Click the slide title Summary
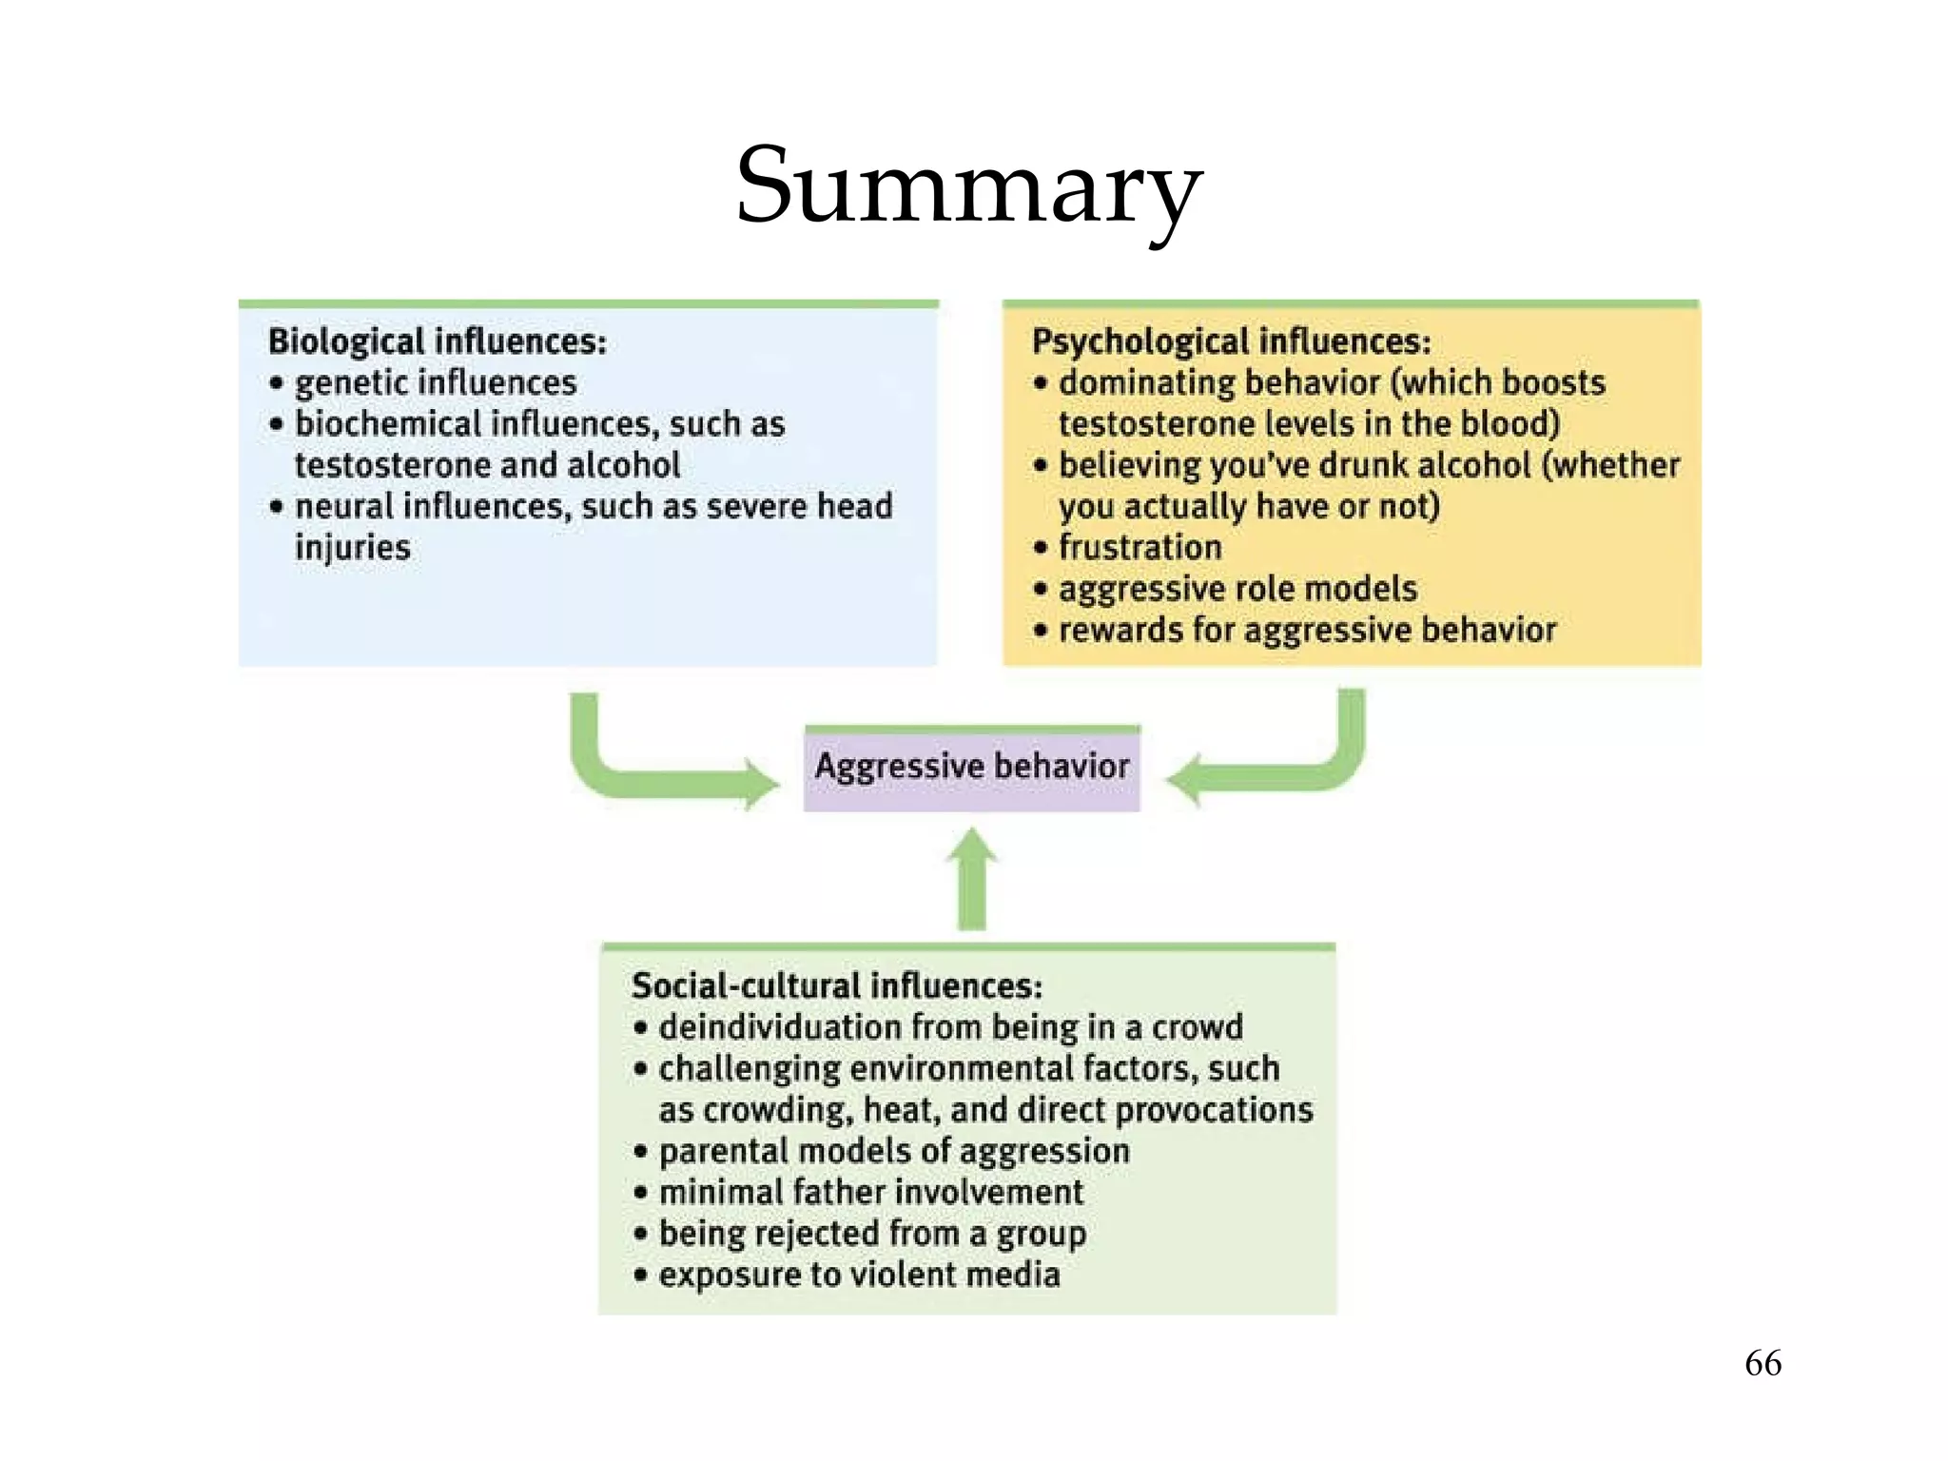click(x=970, y=185)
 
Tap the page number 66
click(x=1763, y=1363)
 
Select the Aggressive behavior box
click(x=971, y=768)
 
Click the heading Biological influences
click(x=437, y=341)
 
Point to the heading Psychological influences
click(x=1231, y=341)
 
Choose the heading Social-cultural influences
click(x=836, y=986)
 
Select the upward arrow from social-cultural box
click(x=971, y=880)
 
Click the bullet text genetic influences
click(x=436, y=383)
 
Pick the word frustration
click(x=1140, y=548)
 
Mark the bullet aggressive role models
click(x=1237, y=589)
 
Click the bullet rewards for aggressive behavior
click(x=1307, y=630)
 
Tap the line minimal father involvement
click(x=870, y=1192)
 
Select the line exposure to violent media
click(x=859, y=1275)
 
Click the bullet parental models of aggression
click(x=893, y=1151)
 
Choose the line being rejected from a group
click(x=872, y=1234)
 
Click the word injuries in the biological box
click(x=353, y=548)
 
